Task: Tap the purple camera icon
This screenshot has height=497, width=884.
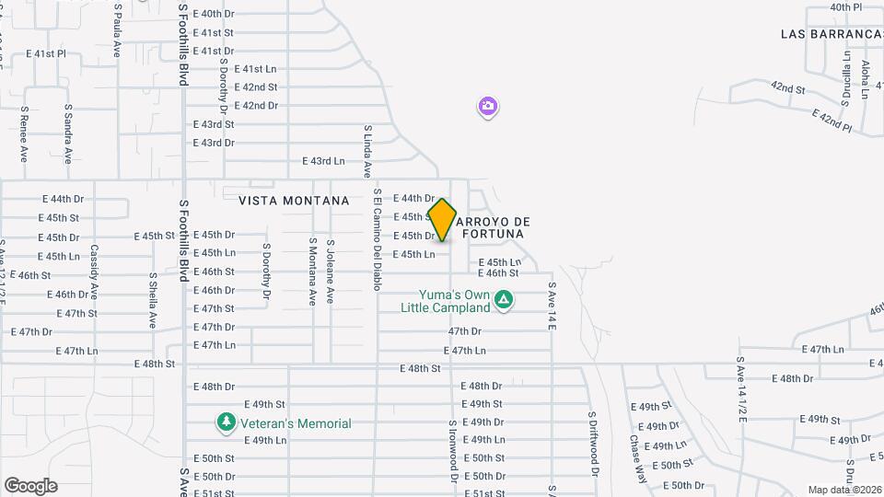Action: (x=488, y=107)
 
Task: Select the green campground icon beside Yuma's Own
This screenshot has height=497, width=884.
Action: (x=504, y=299)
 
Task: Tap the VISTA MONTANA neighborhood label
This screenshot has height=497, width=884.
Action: (x=294, y=200)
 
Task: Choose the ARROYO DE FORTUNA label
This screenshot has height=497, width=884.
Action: (x=493, y=227)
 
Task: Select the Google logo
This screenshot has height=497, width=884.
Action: (x=30, y=485)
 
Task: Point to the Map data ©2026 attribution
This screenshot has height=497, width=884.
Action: (x=843, y=490)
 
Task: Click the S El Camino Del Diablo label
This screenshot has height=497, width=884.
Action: (x=377, y=240)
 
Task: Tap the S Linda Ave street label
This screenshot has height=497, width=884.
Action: (x=366, y=152)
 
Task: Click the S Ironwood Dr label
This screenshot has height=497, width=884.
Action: (x=452, y=451)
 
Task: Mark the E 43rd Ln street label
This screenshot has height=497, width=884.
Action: (x=322, y=161)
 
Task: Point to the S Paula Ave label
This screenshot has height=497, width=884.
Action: (x=118, y=30)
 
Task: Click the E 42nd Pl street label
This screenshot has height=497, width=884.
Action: (x=834, y=120)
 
